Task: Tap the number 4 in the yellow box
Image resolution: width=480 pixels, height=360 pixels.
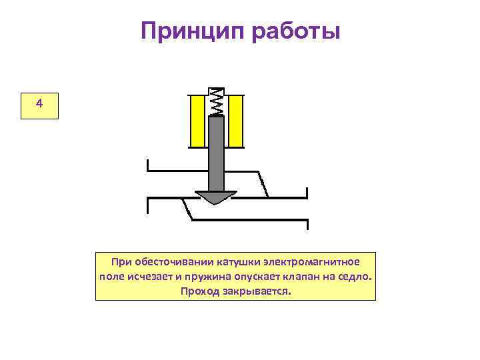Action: [x=39, y=104]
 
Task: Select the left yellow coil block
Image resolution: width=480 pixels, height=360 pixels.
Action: [x=198, y=121]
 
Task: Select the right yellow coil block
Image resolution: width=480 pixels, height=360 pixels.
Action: [x=236, y=121]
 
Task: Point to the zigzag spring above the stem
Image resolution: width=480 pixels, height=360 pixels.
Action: [x=217, y=102]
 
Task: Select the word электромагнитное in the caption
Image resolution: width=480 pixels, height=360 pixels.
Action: [x=311, y=262]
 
